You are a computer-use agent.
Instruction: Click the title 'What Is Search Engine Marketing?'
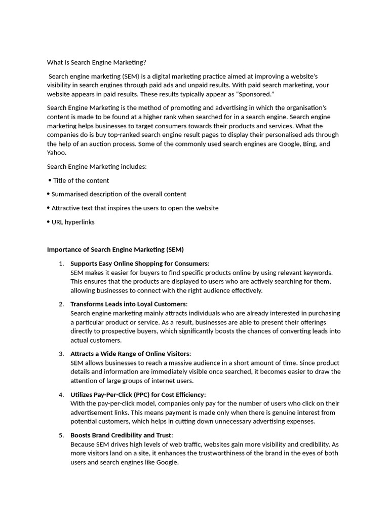[x=96, y=62]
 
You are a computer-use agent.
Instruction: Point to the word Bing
[x=308, y=144]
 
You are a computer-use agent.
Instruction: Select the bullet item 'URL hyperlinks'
[x=73, y=222]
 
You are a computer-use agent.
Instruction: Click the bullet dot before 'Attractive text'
[x=48, y=208]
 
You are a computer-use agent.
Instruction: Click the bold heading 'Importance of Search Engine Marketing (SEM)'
[x=115, y=249]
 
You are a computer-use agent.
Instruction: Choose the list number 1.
[x=61, y=264]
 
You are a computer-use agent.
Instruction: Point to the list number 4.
[x=61, y=394]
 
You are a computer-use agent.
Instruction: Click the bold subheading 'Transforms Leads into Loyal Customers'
[x=128, y=304]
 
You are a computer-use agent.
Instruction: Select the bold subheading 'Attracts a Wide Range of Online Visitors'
[x=130, y=354]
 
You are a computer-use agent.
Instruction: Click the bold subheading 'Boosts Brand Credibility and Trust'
[x=121, y=435]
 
